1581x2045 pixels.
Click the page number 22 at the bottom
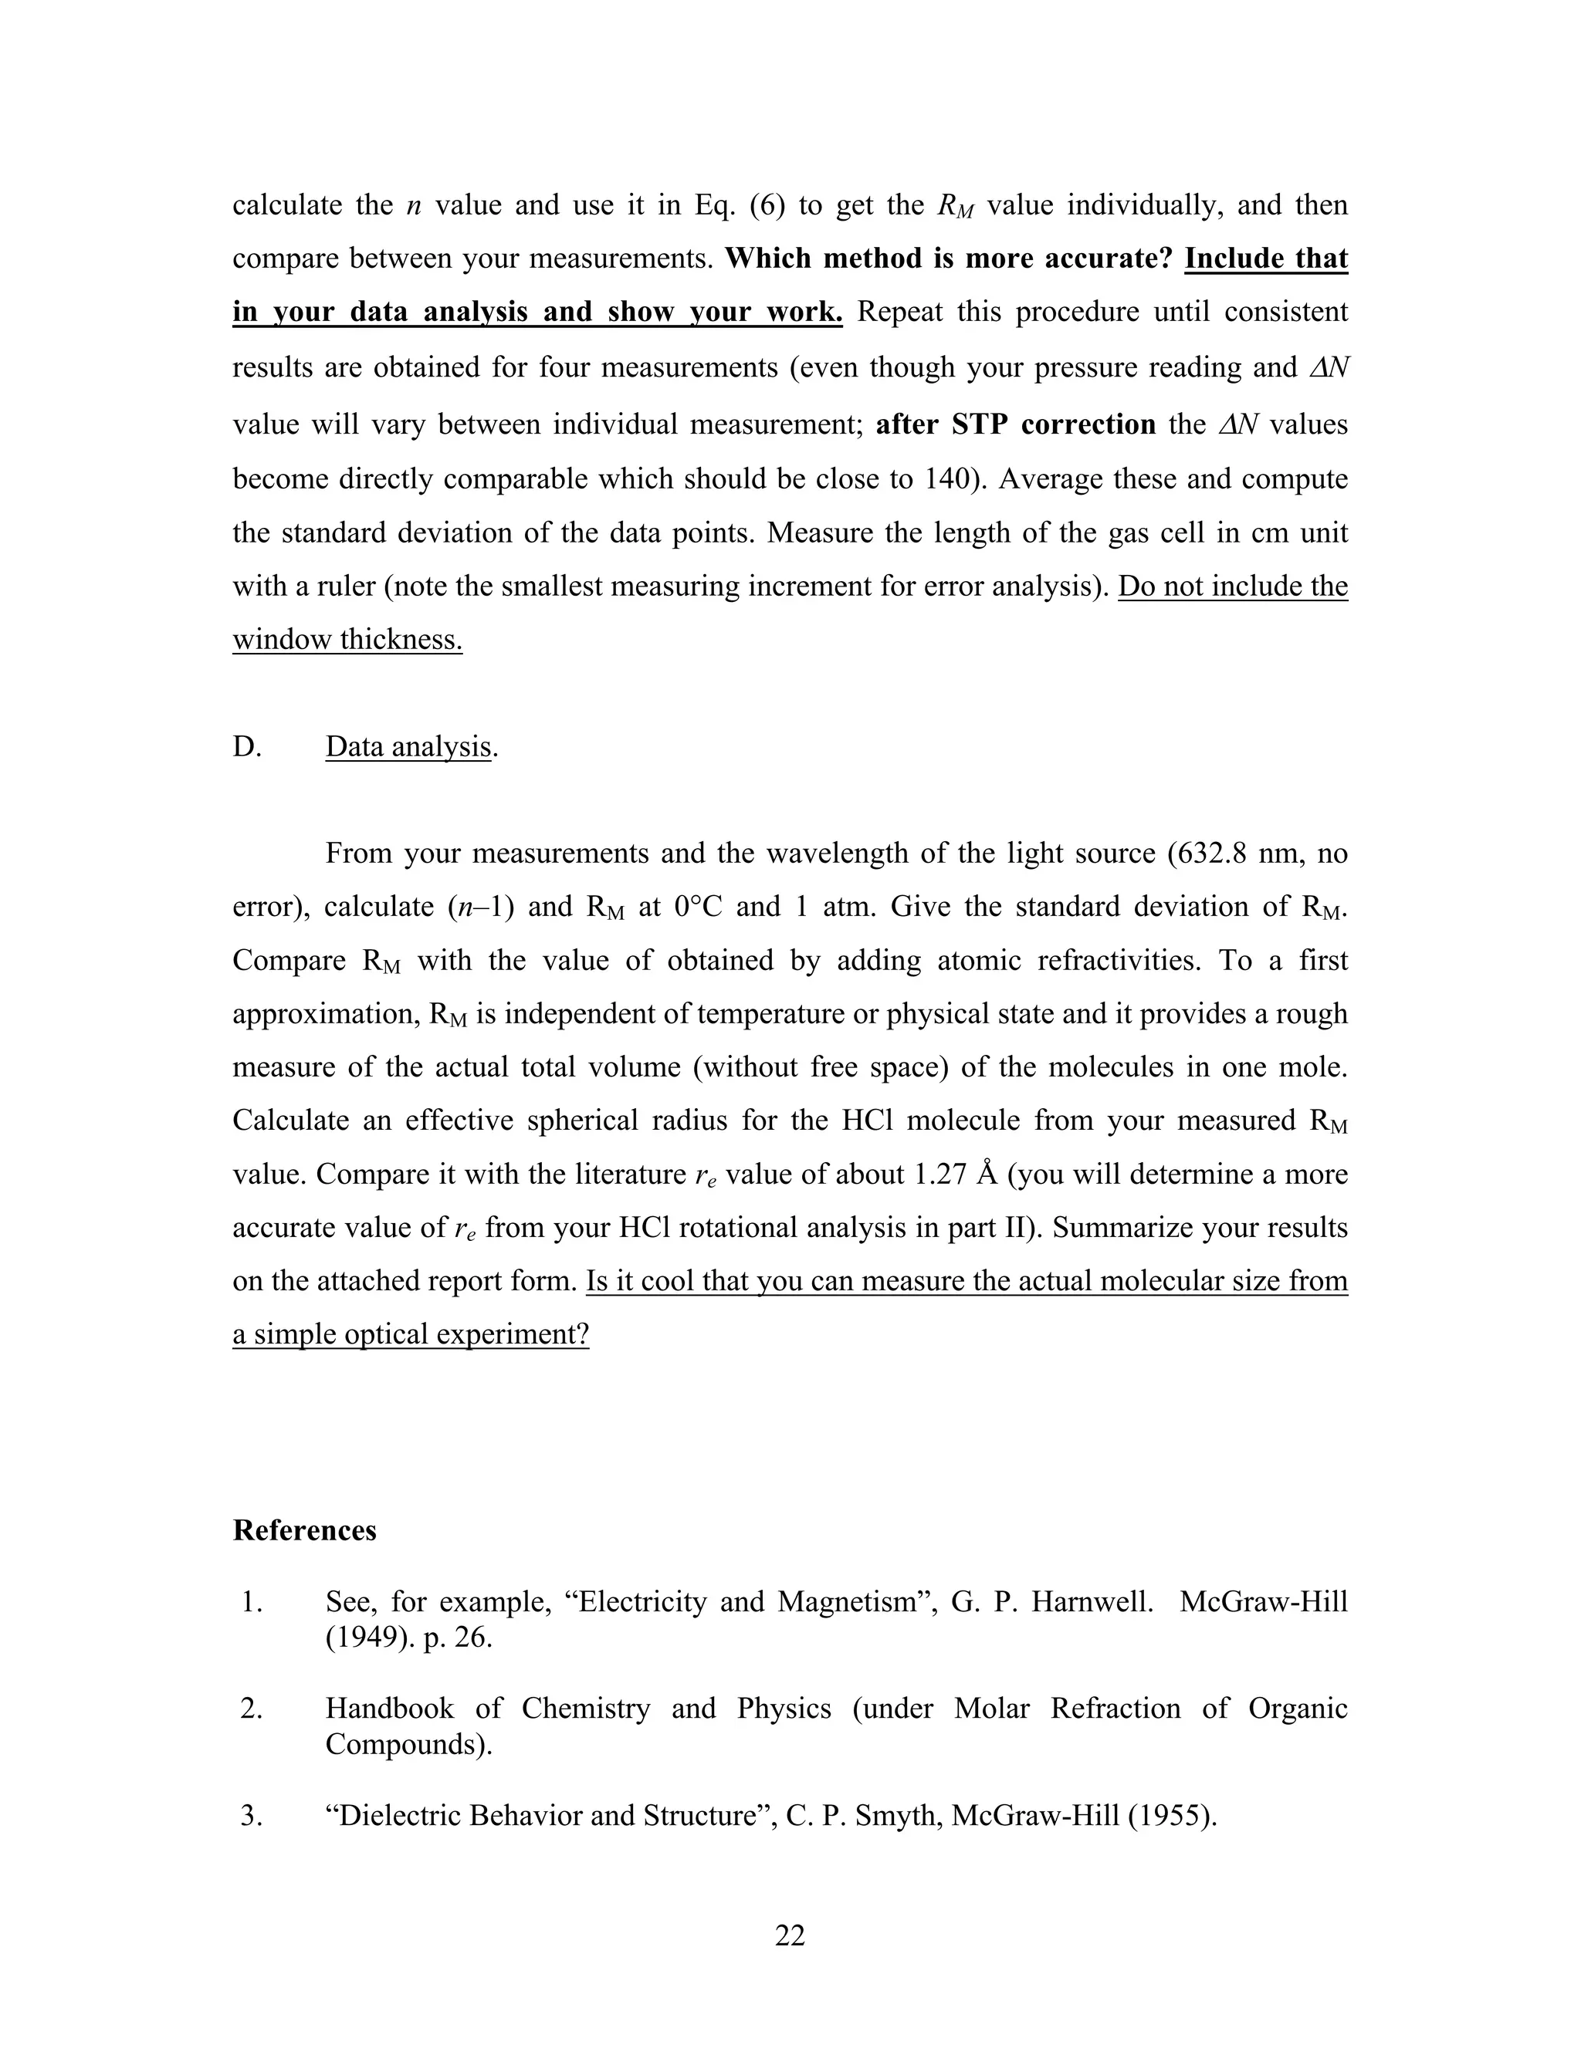[790, 1935]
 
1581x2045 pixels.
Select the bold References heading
[304, 1530]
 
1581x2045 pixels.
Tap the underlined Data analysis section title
[408, 746]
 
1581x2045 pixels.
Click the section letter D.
[246, 746]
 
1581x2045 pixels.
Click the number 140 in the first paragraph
[953, 478]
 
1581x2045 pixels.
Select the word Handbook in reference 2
[390, 1709]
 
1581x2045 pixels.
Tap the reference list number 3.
[250, 1816]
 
